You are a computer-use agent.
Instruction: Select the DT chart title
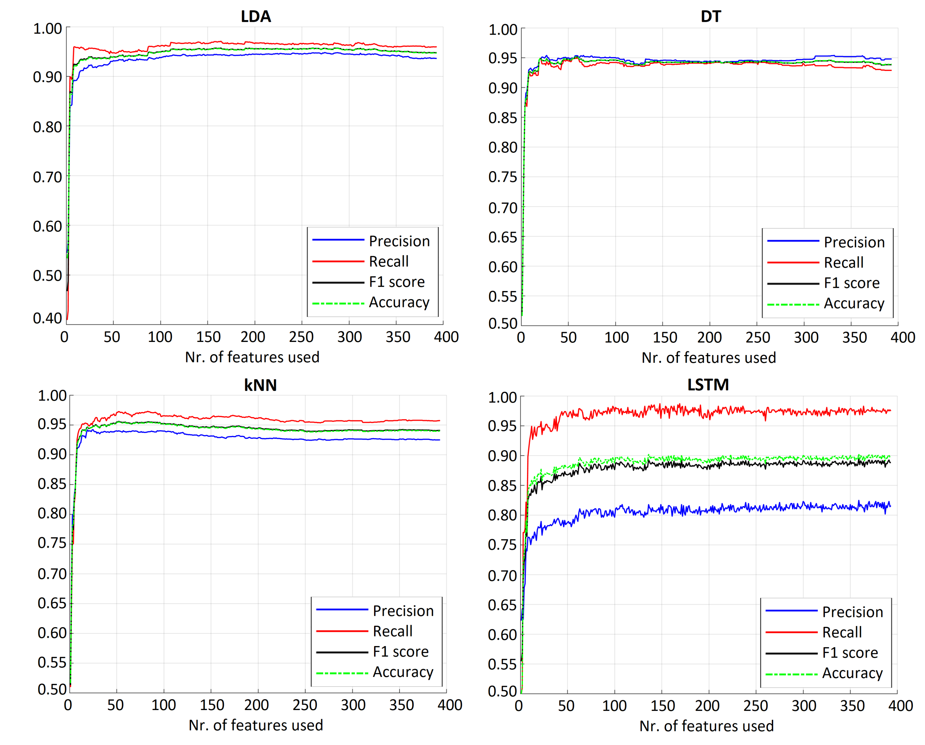tap(711, 16)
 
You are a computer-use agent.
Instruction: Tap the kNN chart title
tap(260, 385)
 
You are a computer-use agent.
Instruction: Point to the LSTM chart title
tap(708, 384)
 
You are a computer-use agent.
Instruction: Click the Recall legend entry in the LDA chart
tap(388, 261)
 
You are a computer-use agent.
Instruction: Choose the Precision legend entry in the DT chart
tap(854, 242)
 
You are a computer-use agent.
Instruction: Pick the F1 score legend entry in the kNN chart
tap(400, 652)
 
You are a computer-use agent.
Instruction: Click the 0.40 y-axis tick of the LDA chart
tap(48, 318)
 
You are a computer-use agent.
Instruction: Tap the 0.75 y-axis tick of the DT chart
tap(503, 177)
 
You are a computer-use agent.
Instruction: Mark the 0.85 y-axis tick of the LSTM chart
tap(502, 485)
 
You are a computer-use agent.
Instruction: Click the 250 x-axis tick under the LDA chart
tap(301, 337)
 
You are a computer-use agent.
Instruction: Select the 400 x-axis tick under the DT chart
tap(903, 337)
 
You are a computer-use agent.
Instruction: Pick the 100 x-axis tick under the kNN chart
tap(163, 705)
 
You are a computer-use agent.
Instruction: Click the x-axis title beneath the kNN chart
tap(256, 725)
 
